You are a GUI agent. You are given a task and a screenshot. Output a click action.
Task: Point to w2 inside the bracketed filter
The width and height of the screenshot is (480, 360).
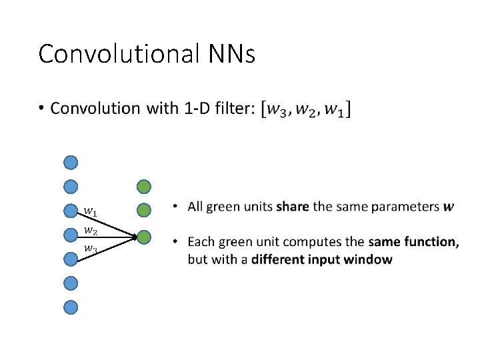point(306,109)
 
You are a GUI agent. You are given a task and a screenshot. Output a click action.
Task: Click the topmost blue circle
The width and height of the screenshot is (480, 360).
point(71,162)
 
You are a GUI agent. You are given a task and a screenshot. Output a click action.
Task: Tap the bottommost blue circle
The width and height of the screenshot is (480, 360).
point(71,307)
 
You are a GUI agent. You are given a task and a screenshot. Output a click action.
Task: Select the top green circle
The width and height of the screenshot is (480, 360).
point(144,187)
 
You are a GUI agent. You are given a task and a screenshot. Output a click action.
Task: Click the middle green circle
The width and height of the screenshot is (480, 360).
point(144,211)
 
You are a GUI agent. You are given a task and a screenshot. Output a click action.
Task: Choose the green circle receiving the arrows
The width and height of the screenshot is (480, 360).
point(144,236)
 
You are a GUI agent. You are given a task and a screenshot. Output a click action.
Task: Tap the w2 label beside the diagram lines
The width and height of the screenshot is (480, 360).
point(90,231)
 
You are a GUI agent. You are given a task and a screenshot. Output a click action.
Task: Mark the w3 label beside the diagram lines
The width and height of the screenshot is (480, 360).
point(90,249)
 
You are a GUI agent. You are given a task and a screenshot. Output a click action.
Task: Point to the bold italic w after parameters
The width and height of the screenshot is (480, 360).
point(449,207)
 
